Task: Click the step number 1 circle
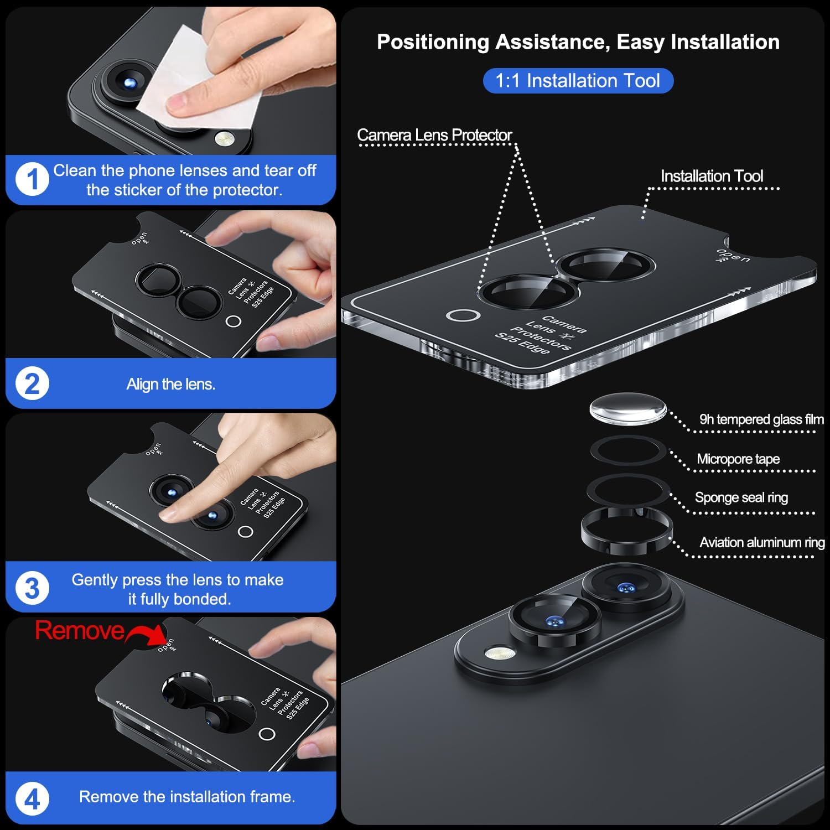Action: [x=32, y=180]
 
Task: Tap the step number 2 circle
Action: [x=32, y=384]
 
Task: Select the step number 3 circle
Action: [x=32, y=588]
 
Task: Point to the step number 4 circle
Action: [x=32, y=800]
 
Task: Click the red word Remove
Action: [x=80, y=630]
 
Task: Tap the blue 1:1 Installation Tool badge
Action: [x=578, y=81]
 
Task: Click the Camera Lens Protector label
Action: [x=434, y=135]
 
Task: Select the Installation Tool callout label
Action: [x=712, y=176]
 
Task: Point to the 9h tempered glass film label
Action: [x=761, y=419]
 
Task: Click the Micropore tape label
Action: [x=738, y=459]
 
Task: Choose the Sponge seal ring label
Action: [x=741, y=497]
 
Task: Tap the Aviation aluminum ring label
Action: [x=762, y=542]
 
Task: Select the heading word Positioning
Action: [x=433, y=42]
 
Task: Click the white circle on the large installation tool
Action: [x=463, y=315]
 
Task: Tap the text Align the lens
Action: [x=171, y=384]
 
